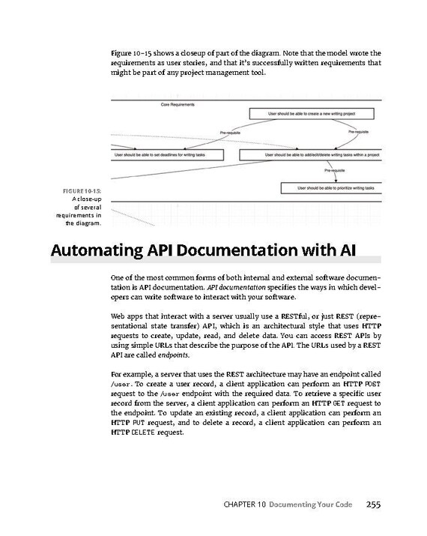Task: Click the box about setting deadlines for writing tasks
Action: click(158, 154)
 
